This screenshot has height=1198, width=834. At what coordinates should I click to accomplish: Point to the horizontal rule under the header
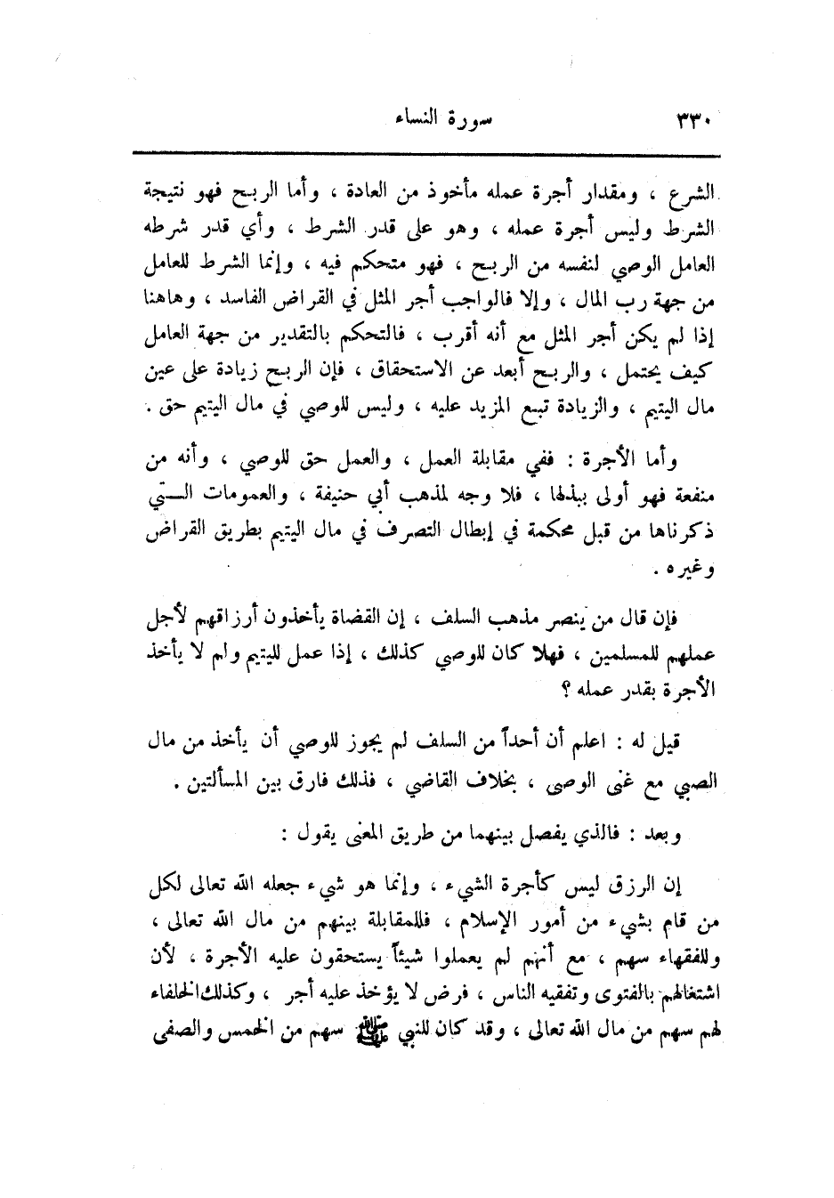(x=427, y=155)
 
